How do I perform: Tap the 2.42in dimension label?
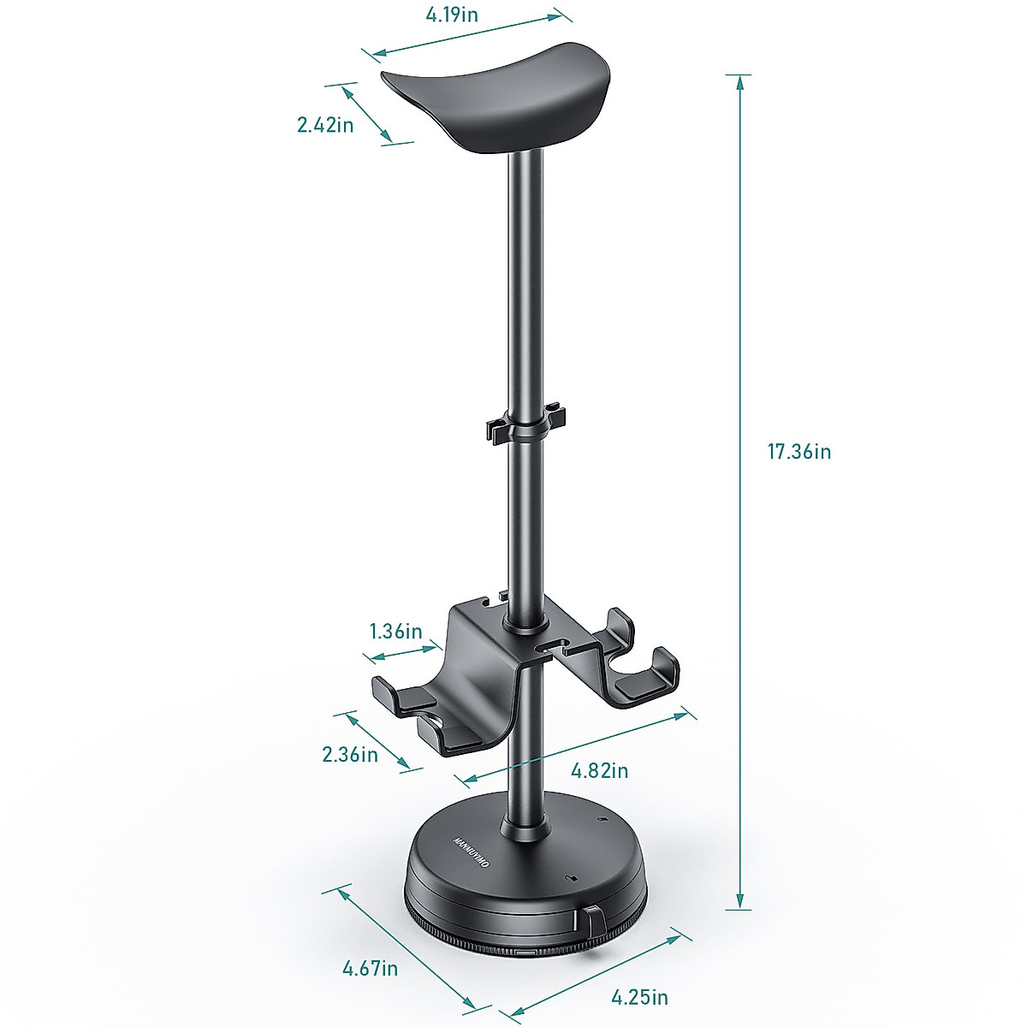pos(325,125)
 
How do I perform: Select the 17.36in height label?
pos(798,452)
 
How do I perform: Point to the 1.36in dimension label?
pos(395,632)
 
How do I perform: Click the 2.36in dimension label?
pos(350,754)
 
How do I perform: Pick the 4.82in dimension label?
pos(599,770)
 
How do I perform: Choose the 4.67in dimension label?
pos(370,968)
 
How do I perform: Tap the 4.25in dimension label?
pos(639,996)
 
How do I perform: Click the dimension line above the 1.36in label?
pos(401,653)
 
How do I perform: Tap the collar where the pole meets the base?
pos(525,828)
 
